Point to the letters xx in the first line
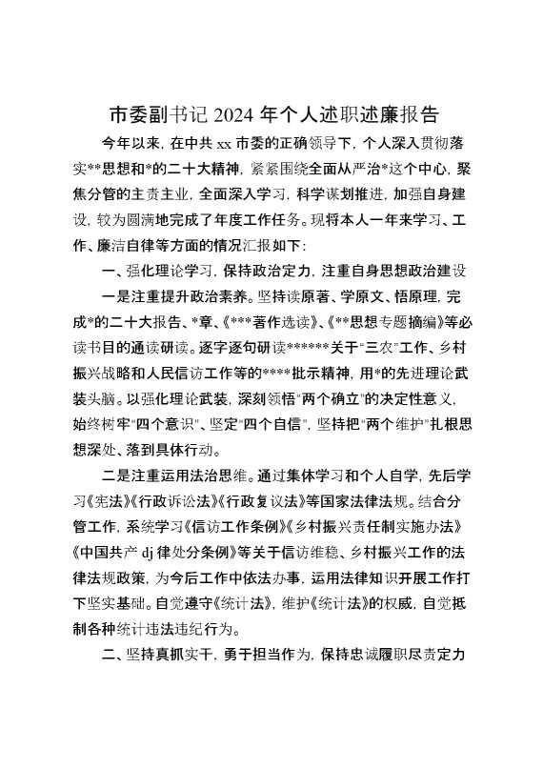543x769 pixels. (x=227, y=146)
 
